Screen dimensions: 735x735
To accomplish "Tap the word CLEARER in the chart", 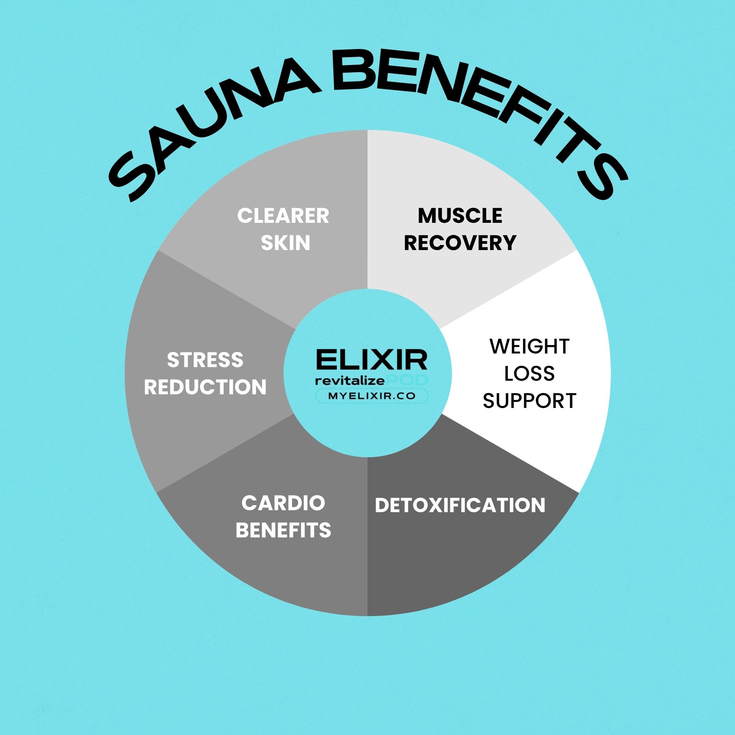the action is [x=283, y=216].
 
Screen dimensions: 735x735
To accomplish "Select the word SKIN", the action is [x=285, y=243].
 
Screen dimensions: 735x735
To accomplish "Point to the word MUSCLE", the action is [x=460, y=216].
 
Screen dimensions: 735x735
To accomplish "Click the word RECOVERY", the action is [x=460, y=243].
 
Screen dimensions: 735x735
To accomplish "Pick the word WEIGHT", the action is [x=530, y=346].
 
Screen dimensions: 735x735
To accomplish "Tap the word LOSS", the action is [x=529, y=374].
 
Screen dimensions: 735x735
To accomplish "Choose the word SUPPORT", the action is [x=529, y=401].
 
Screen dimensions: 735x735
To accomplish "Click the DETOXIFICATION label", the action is [x=460, y=505].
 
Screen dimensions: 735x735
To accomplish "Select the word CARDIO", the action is [x=283, y=503].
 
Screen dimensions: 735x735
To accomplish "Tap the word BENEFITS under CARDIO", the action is [x=283, y=530].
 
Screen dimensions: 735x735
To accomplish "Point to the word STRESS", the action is [x=205, y=360].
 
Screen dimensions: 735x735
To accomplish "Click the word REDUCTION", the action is [x=205, y=387].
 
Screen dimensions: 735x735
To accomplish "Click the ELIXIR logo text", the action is [x=372, y=359].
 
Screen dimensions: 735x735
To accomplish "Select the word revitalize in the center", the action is [x=350, y=380].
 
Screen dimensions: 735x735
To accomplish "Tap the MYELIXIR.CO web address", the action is [x=372, y=396].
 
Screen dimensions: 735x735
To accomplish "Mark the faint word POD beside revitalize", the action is [x=407, y=380].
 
